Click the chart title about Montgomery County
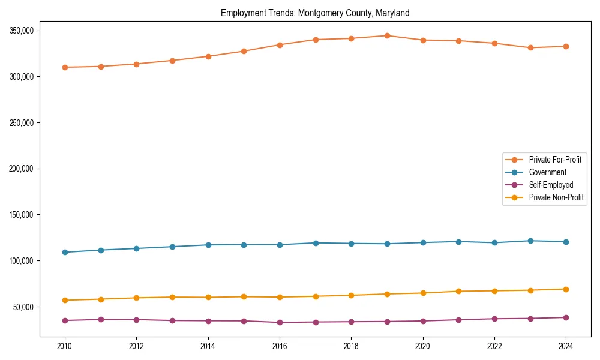coord(315,13)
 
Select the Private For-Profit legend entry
coord(554,160)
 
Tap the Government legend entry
coord(547,172)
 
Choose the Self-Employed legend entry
coord(551,185)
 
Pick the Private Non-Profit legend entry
coord(556,197)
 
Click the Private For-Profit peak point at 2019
coord(387,36)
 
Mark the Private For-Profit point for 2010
coord(65,67)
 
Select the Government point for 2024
coord(566,242)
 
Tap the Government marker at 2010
coord(65,252)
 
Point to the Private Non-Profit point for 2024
coord(566,289)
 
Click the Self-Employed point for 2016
coord(280,322)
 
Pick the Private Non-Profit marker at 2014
coord(208,297)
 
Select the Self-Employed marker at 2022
coord(494,319)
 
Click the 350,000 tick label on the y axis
coord(22,31)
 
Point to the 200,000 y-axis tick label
coord(22,169)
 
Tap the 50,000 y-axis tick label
coord(23,307)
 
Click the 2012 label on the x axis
coord(136,346)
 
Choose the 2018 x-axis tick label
coord(351,346)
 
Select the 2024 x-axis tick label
coord(566,346)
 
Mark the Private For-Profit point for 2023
coord(530,47)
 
